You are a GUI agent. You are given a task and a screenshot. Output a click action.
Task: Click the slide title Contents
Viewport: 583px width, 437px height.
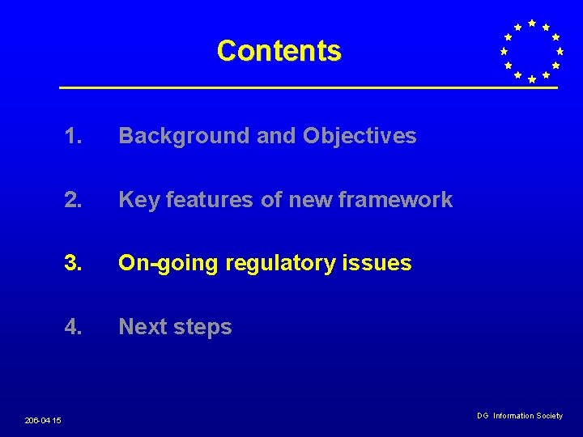(279, 51)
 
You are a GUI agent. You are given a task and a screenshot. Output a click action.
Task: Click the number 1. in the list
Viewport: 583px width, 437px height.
(74, 136)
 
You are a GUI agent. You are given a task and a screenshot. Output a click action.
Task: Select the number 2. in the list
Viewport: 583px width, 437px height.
(74, 200)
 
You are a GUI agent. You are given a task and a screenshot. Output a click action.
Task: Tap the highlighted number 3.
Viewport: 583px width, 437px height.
(74, 263)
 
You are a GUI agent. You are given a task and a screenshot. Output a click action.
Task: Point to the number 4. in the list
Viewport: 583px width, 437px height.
(74, 327)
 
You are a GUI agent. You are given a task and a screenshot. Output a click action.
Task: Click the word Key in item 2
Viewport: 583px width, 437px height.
(138, 200)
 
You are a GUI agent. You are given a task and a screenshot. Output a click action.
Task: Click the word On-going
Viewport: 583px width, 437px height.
(168, 263)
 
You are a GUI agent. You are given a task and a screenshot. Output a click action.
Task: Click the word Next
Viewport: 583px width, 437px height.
(143, 327)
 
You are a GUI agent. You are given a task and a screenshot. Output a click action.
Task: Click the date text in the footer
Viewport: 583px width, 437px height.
(42, 420)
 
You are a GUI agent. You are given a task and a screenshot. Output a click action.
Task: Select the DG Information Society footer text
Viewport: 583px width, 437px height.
(519, 416)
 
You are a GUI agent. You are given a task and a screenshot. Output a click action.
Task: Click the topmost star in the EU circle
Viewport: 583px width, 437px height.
(531, 23)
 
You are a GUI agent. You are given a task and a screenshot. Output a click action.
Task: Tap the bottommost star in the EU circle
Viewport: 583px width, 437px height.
(531, 79)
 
